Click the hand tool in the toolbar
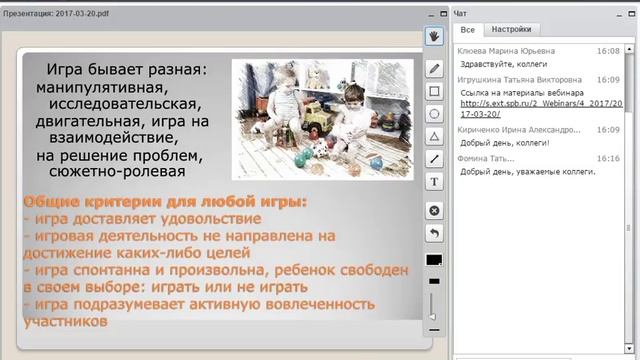434,37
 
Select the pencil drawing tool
434,69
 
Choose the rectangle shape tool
434,91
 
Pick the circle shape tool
434,114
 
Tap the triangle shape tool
434,136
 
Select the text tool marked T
434,182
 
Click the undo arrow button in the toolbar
434,233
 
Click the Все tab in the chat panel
467,30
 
